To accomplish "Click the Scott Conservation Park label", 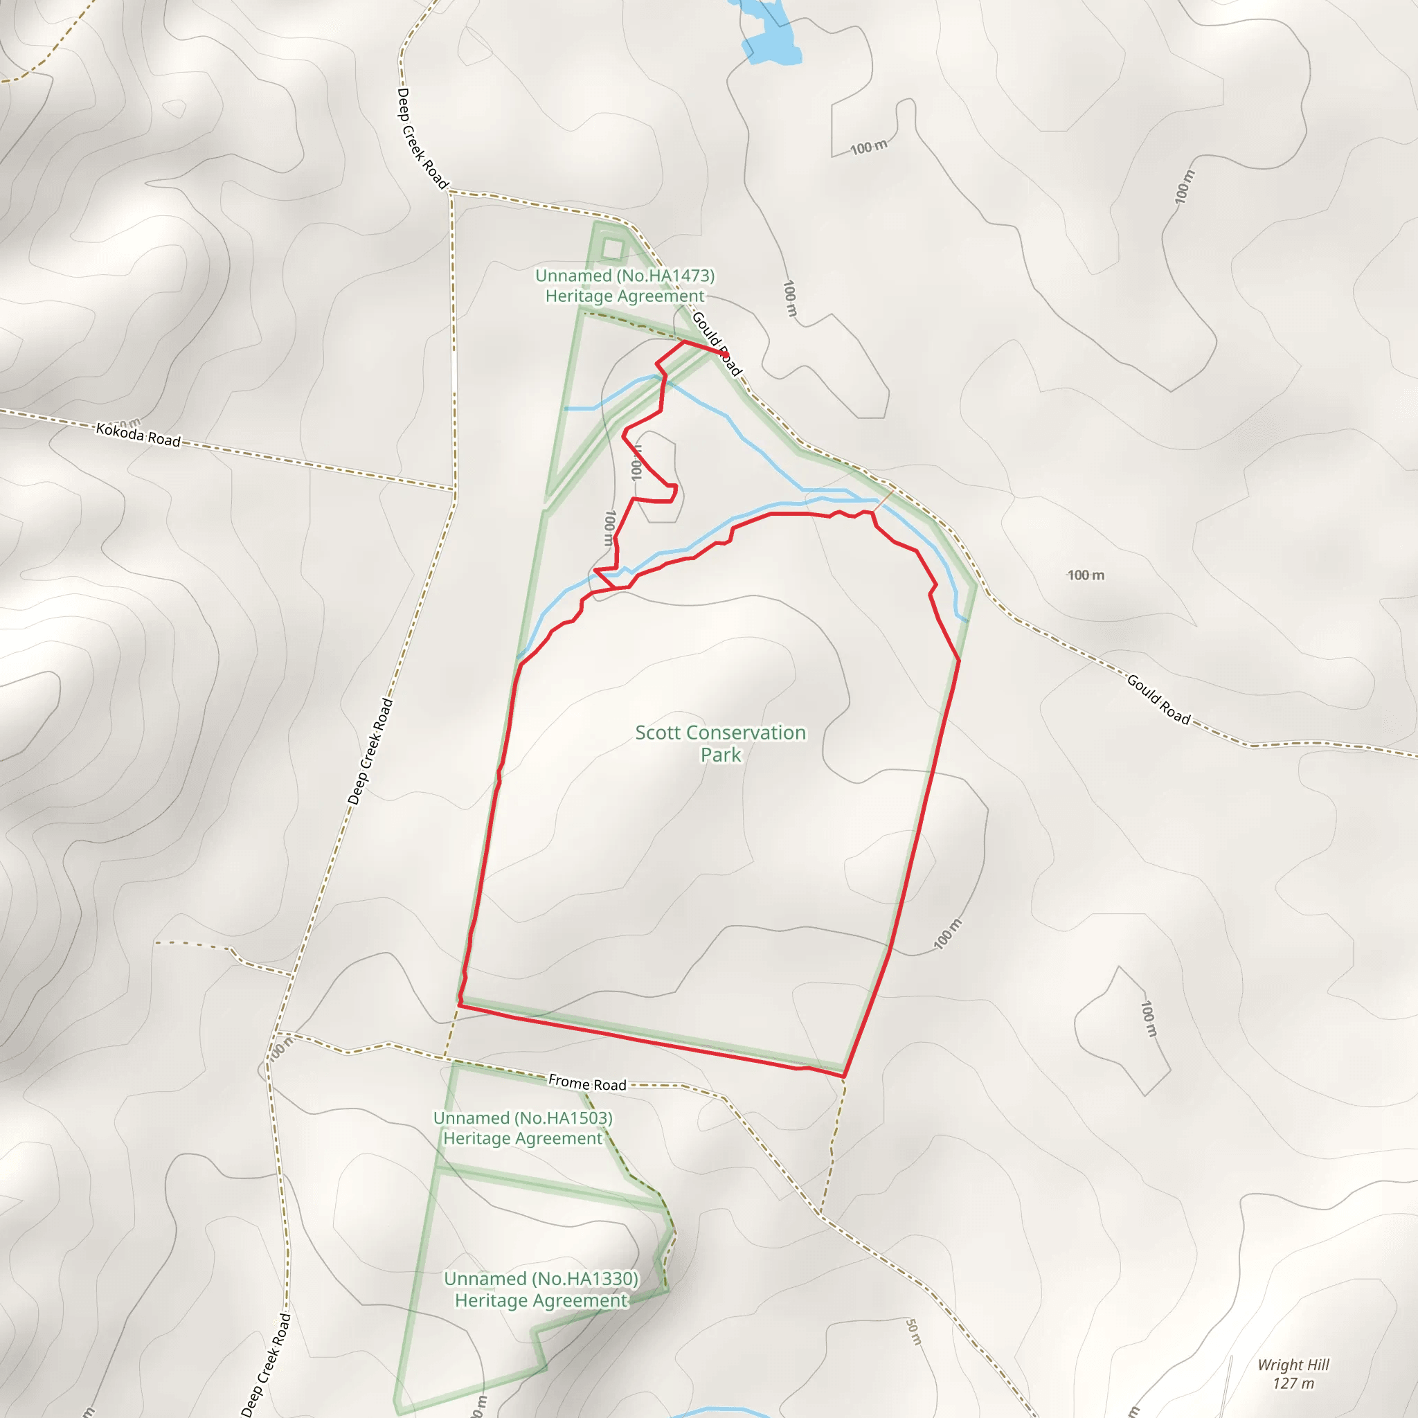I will tap(720, 743).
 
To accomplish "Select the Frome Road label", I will tap(587, 1084).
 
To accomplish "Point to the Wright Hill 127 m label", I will tap(1293, 1374).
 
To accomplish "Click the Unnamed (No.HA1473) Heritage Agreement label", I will tap(625, 285).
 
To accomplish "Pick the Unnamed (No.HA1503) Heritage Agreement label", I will tap(523, 1128).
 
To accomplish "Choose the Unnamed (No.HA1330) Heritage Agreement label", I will tap(541, 1289).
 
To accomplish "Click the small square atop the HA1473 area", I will tap(612, 249).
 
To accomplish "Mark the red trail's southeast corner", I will tap(844, 1076).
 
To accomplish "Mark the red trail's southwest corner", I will tap(460, 1005).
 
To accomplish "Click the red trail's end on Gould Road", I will tap(726, 354).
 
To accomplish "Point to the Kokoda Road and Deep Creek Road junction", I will tap(455, 489).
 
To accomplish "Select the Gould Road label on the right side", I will tap(1158, 699).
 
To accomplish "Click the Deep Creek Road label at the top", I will tap(422, 138).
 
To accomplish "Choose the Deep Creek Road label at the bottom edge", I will tap(266, 1365).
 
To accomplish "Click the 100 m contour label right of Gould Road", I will tap(1086, 575).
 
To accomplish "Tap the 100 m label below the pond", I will tap(869, 147).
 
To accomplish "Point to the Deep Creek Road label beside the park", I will tap(370, 751).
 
